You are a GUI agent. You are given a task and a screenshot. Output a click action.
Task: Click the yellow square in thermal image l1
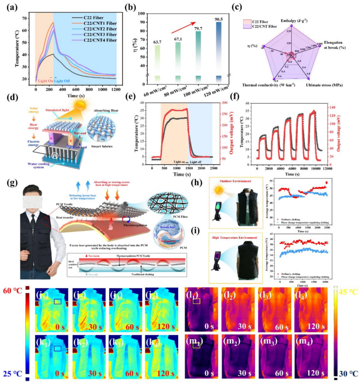pos(196,301)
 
